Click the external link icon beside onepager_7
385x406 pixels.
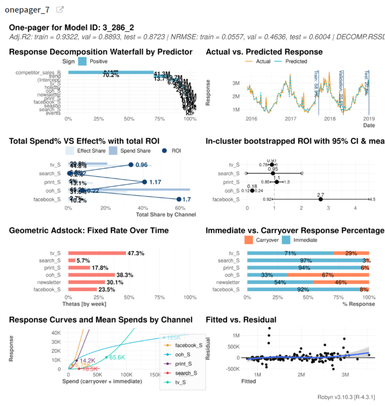[x=60, y=10]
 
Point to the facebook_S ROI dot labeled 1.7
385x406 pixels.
[x=179, y=199]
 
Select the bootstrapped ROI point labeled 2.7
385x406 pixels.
[x=321, y=199]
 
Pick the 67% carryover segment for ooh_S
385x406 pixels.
[x=328, y=275]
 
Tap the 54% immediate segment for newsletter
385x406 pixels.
[x=280, y=282]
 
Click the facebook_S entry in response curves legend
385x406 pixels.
[x=185, y=345]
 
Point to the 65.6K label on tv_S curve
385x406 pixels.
[x=117, y=357]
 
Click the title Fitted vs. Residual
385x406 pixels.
[x=241, y=320]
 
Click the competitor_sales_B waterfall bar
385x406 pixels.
[x=111, y=72]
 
